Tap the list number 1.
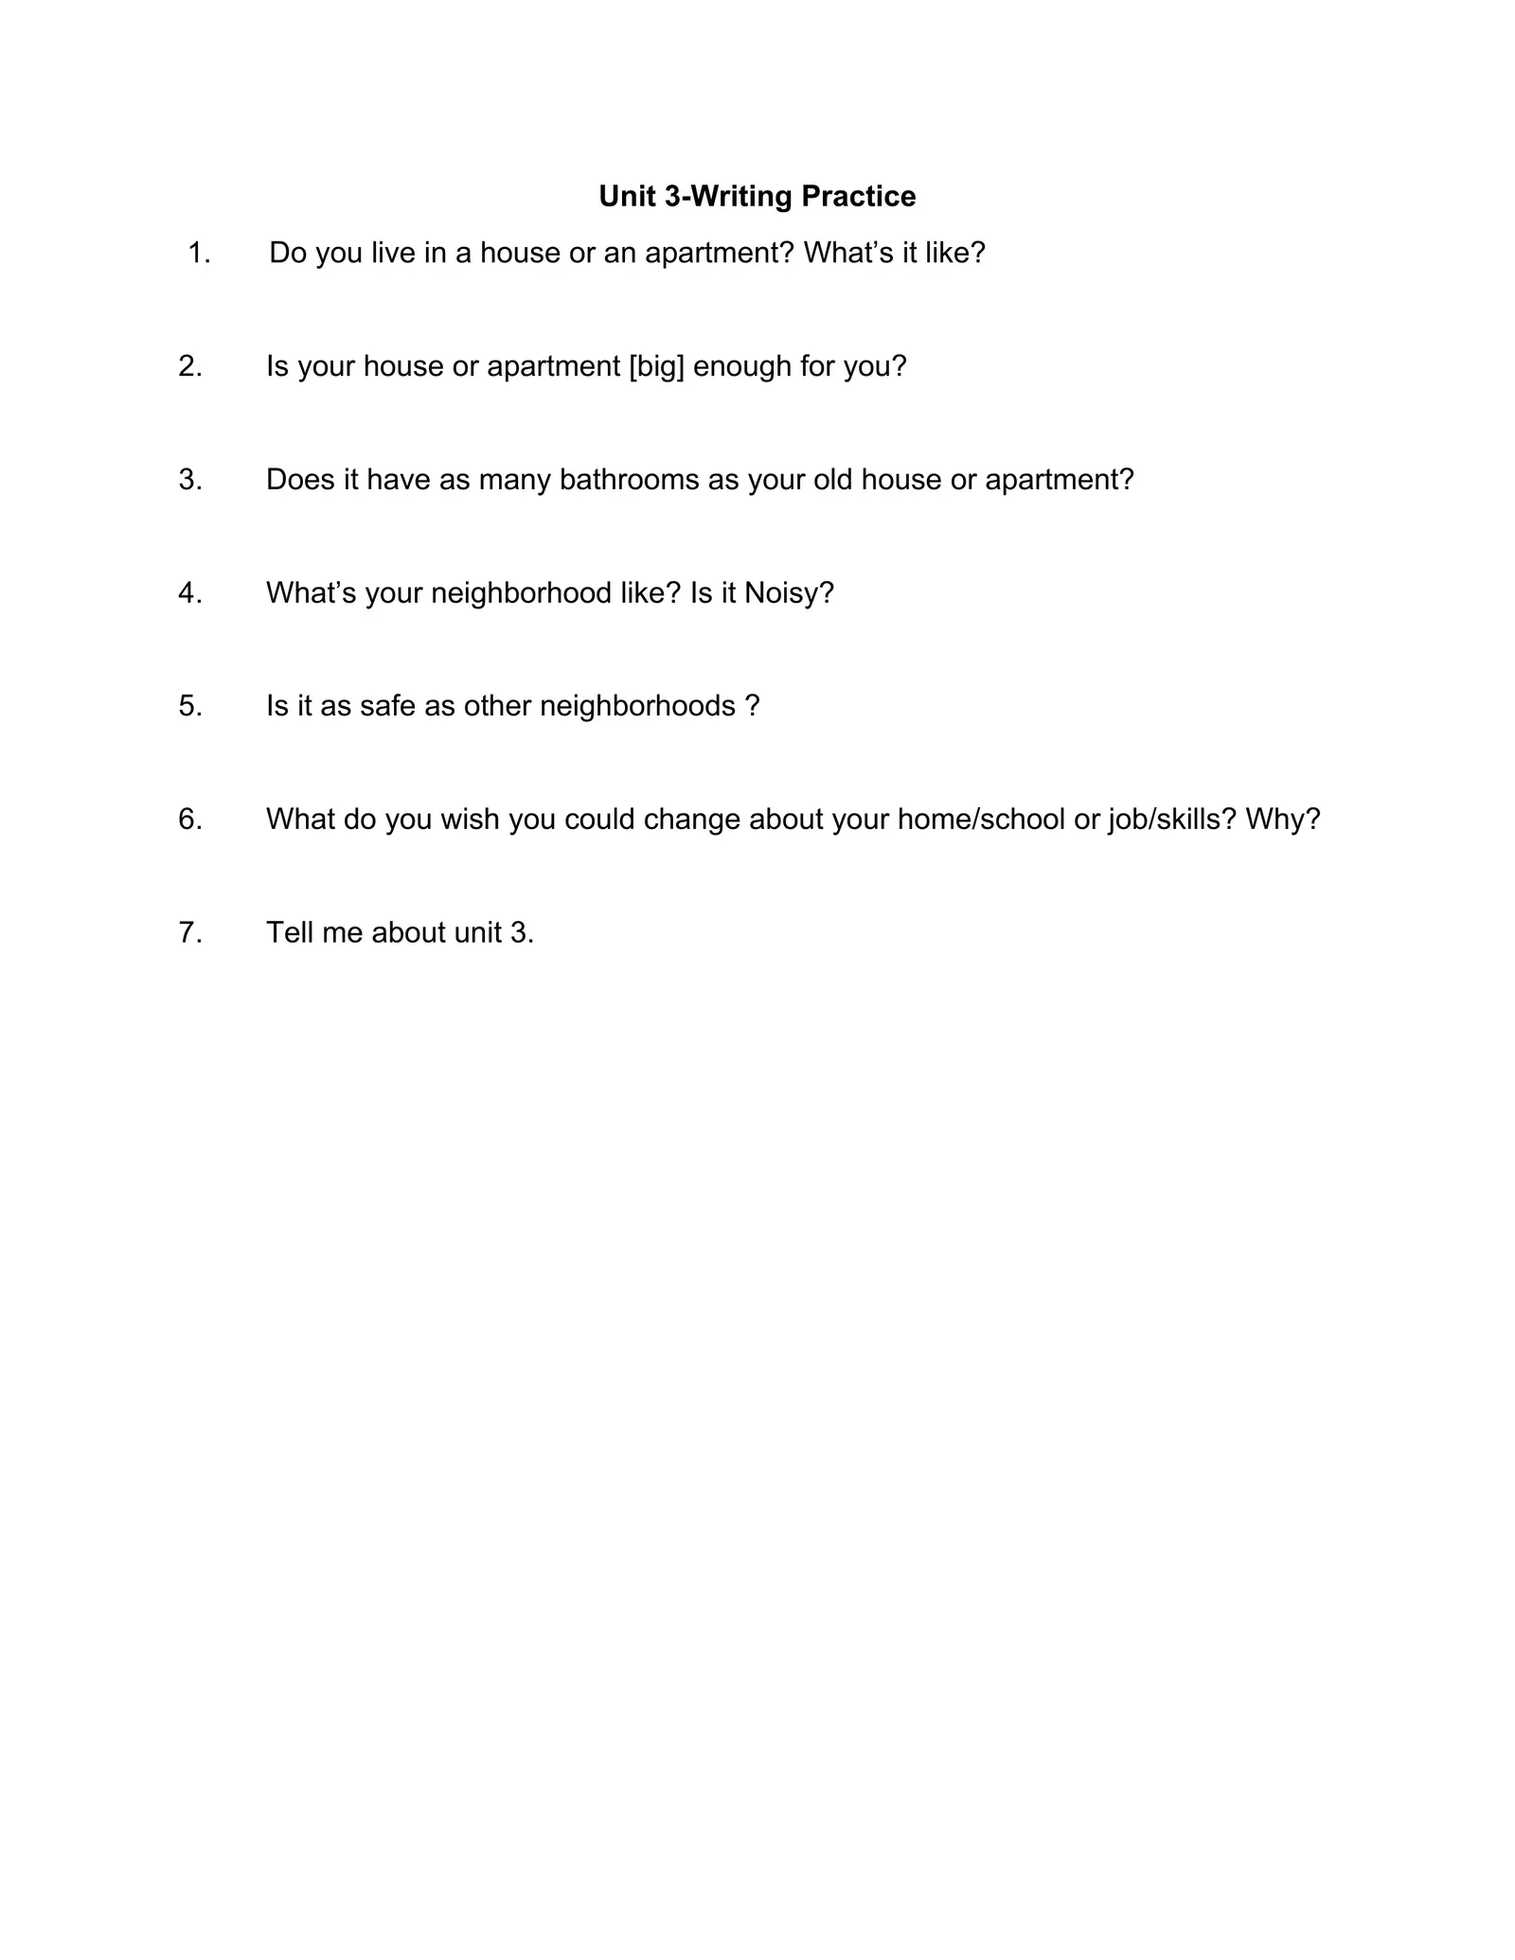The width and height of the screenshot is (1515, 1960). tap(198, 253)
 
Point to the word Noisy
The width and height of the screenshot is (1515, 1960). tap(789, 593)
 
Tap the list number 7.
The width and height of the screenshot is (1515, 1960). tap(190, 932)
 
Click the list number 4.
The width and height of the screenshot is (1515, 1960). tap(190, 593)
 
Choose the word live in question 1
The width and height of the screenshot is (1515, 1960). tap(386, 253)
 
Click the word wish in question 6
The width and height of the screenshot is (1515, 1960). tap(470, 819)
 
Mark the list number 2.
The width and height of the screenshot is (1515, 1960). tap(190, 366)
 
